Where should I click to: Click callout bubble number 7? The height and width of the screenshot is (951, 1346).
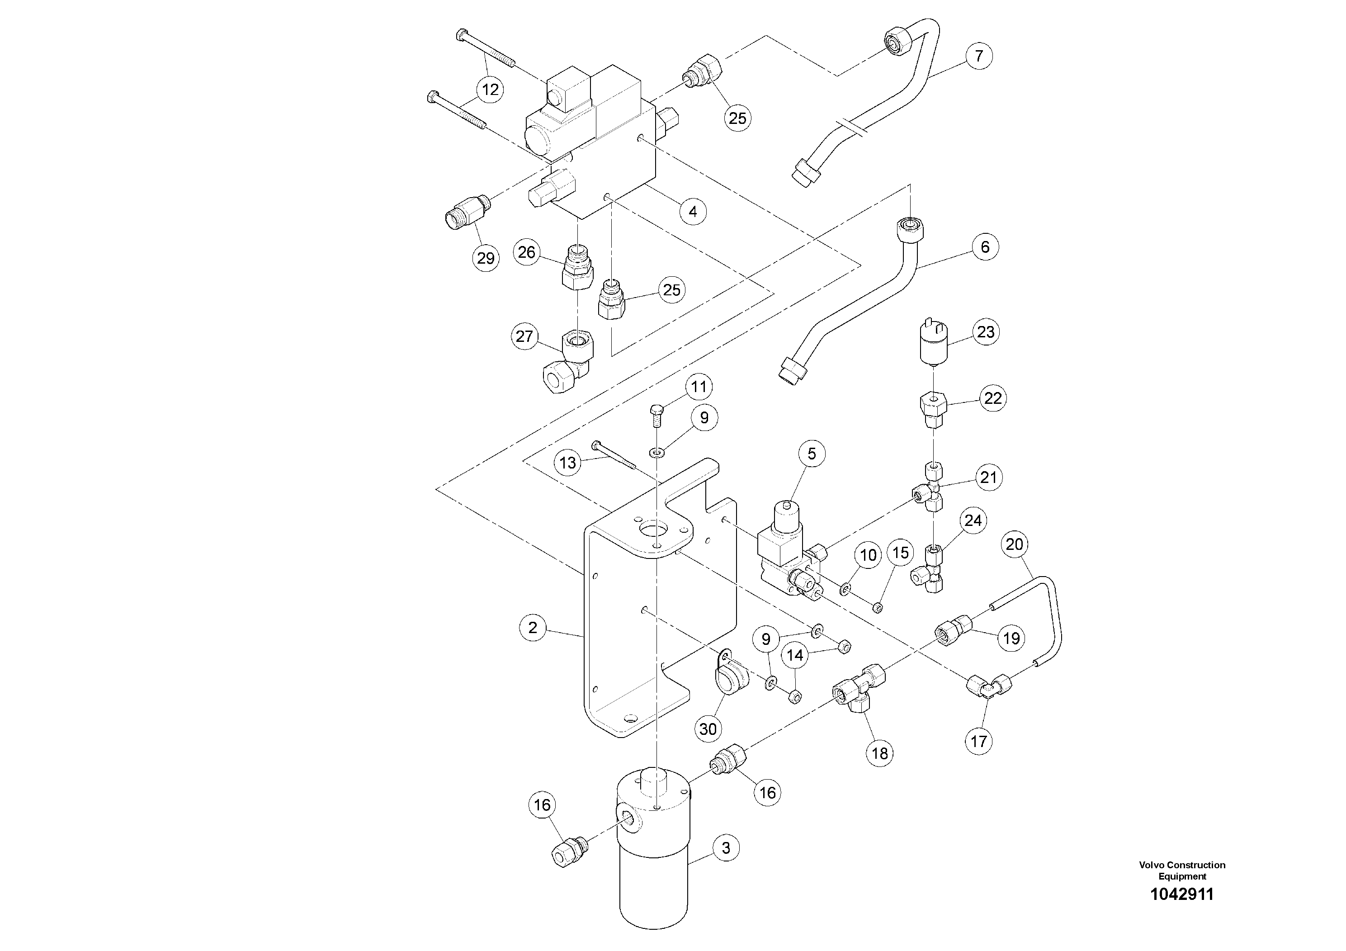coord(979,56)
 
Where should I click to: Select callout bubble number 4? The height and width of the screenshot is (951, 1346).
coord(693,211)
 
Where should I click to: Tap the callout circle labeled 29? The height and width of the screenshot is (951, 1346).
coord(486,258)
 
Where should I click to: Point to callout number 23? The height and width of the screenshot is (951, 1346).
coord(986,332)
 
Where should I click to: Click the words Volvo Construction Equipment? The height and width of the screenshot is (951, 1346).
coord(1182,870)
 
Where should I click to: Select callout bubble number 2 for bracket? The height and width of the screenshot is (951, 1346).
coord(532,628)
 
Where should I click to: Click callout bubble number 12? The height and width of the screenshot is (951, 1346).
coord(490,90)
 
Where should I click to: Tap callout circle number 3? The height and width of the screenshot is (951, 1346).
coord(726,848)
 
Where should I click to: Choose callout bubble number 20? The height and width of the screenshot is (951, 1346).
coord(1014,544)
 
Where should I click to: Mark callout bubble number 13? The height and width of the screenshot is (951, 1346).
coord(567,463)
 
